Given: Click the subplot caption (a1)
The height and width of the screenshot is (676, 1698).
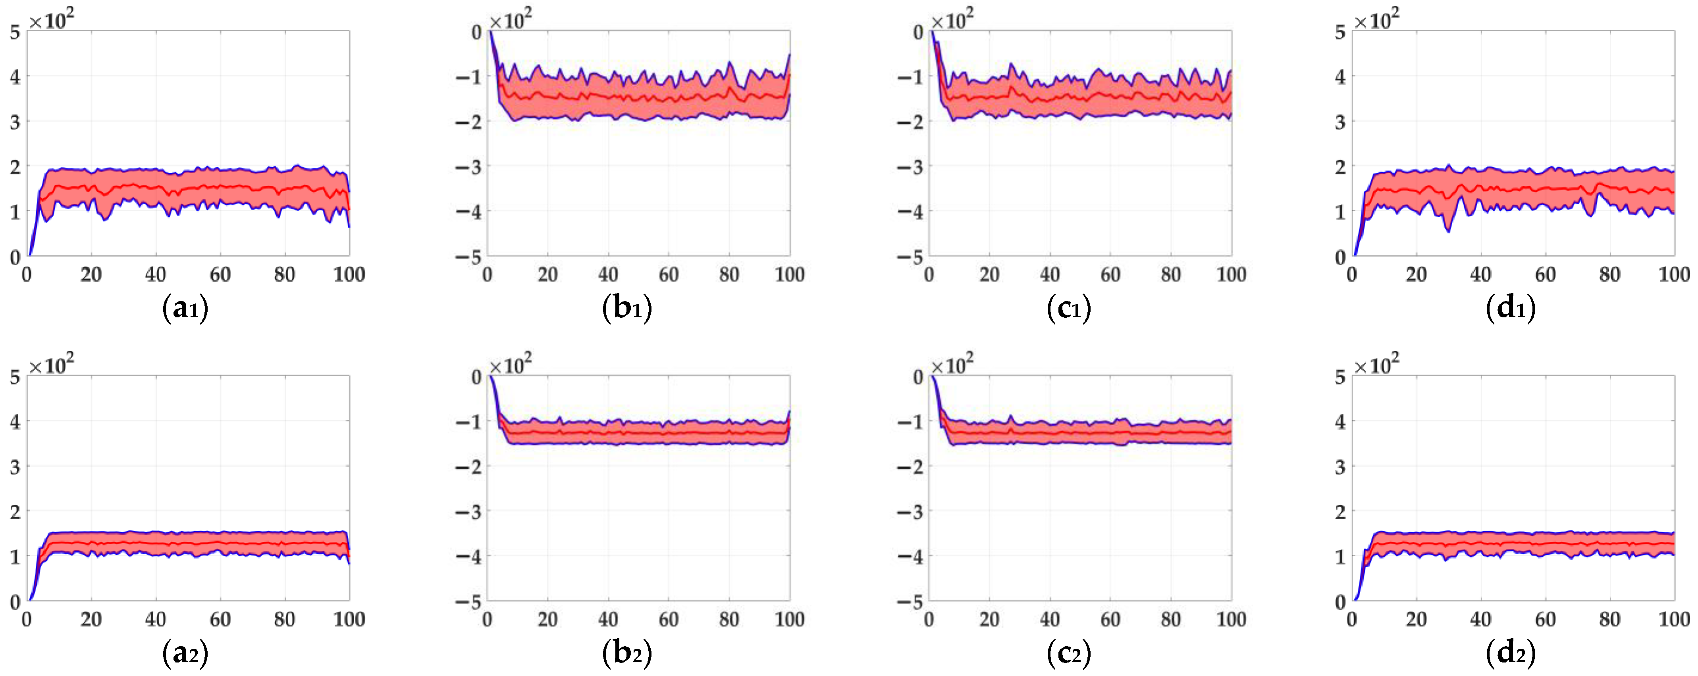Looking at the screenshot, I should tap(185, 308).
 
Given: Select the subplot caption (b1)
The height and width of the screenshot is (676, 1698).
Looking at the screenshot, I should tap(627, 308).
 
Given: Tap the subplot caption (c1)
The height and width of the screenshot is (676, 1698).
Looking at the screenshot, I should tap(1068, 308).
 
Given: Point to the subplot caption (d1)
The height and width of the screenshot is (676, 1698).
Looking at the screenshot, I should tap(1511, 308).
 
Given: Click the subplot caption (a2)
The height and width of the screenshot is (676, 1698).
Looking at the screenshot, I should tap(185, 653).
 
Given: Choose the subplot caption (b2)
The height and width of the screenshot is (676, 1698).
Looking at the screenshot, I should tap(627, 653).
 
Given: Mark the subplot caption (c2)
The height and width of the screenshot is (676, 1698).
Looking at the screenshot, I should tap(1068, 653).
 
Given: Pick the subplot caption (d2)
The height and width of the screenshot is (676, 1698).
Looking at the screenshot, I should tap(1511, 653).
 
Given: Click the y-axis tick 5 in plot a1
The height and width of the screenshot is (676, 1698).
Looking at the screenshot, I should tap(15, 32).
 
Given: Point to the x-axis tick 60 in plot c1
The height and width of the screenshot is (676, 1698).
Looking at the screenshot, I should tap(1110, 274).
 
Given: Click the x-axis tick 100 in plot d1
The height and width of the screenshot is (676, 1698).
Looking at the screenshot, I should tap(1674, 274).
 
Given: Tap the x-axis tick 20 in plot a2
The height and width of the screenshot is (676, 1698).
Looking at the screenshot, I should tap(91, 619).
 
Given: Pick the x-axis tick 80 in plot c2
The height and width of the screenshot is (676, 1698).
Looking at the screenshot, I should tap(1171, 619).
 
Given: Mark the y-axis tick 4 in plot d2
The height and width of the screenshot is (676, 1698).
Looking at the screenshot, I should tap(1340, 421).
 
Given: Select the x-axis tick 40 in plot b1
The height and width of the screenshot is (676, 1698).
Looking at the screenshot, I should tap(608, 274).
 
